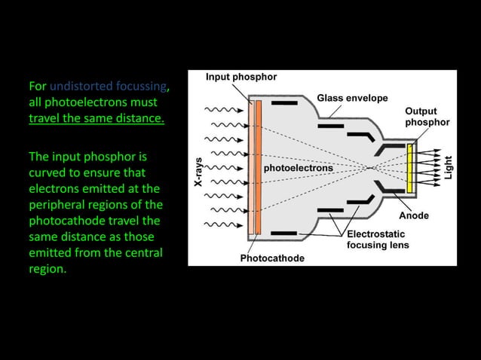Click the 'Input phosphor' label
241,77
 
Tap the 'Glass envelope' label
352,98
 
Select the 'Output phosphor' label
427,117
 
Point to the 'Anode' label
413,215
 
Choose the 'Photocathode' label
272,258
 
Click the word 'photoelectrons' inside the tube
298,168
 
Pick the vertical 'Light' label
449,167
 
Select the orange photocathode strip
259,166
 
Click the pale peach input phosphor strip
250,166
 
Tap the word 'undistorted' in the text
81,84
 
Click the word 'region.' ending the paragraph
47,270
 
